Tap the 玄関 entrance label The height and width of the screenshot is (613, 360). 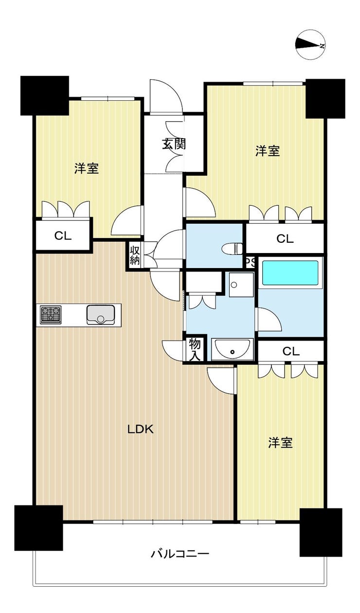tap(174, 144)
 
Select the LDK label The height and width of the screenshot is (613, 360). tap(141, 429)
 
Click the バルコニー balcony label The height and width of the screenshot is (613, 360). tap(180, 554)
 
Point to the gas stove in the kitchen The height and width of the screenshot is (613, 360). tap(51, 314)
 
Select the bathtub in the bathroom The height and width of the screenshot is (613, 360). tap(290, 273)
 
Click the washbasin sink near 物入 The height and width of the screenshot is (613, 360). tap(233, 350)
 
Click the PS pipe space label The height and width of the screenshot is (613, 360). tap(250, 262)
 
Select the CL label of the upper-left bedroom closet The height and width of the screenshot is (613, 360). tap(63, 236)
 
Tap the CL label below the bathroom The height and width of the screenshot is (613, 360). tap(290, 351)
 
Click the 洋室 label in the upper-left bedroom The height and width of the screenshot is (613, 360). tap(87, 169)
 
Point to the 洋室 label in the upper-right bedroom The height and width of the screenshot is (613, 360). tap(268, 151)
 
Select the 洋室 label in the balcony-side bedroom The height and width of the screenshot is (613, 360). tap(280, 443)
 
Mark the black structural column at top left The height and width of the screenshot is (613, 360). tap(44, 95)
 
